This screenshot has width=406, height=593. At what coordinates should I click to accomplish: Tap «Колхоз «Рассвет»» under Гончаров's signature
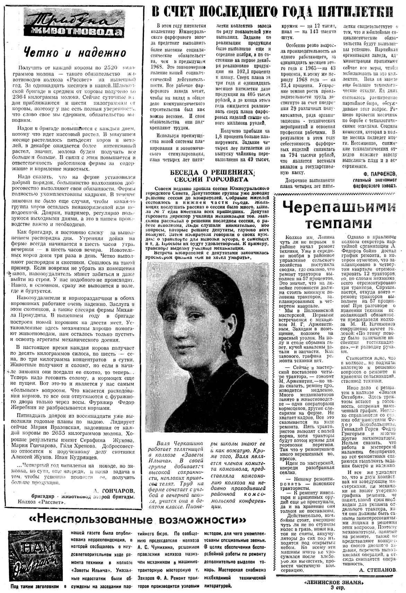coord(47,501)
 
